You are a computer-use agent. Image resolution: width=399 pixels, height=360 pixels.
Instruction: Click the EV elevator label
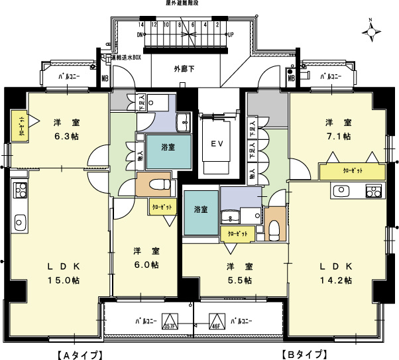pyautogui.click(x=216, y=143)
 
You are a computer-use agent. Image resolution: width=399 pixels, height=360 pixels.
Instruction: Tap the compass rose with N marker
pyautogui.click(x=371, y=30)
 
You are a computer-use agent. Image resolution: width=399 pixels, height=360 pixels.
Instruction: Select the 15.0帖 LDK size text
pyautogui.click(x=64, y=280)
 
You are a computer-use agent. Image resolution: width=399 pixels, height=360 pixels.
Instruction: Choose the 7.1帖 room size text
pyautogui.click(x=338, y=136)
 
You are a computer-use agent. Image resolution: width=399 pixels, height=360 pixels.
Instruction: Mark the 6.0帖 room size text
pyautogui.click(x=145, y=265)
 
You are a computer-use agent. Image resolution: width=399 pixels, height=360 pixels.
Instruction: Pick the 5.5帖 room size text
pyautogui.click(x=239, y=280)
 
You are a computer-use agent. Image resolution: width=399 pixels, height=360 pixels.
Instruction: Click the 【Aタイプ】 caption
pyautogui.click(x=78, y=354)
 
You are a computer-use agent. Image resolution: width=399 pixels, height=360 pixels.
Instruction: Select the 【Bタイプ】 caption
pyautogui.click(x=304, y=354)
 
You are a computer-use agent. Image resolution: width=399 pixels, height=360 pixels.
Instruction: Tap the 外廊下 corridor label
pyautogui.click(x=184, y=68)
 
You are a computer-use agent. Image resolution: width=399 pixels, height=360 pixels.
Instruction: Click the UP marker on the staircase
pyautogui.click(x=230, y=34)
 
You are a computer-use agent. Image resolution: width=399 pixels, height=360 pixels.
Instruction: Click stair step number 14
pyautogui.click(x=142, y=25)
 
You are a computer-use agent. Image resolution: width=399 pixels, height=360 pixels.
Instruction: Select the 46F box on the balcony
pyautogui.click(x=215, y=322)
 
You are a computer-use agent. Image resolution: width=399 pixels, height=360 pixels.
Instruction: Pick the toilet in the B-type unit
pyautogui.click(x=273, y=229)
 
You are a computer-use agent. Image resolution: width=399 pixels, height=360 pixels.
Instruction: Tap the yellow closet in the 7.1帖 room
pyautogui.click(x=352, y=171)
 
